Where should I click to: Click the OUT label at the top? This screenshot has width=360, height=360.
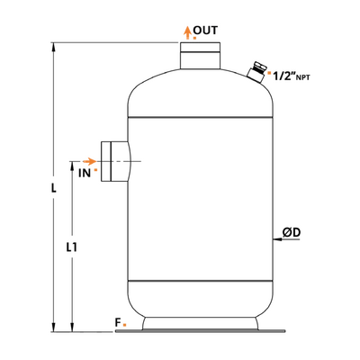point(205,31)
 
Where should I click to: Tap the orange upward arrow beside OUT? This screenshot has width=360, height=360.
point(188,32)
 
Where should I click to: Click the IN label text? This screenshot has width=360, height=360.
point(85,173)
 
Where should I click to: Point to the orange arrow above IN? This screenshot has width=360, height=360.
point(89,161)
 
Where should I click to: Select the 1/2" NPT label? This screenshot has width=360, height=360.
point(292,76)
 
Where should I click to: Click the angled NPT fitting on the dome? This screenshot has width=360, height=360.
point(256,72)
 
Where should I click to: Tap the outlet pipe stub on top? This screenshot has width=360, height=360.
point(200,56)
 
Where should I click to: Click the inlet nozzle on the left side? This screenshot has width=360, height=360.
point(115,161)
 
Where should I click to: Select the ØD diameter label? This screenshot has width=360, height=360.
point(292,232)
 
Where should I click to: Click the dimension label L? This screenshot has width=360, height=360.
point(53,188)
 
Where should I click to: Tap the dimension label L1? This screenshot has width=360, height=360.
point(72,247)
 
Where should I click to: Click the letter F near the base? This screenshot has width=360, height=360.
point(118,322)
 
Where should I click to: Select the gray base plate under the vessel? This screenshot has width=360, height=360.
point(200,331)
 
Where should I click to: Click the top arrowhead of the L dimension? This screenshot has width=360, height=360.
point(54,47)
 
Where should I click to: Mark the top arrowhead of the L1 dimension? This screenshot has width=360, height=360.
point(72,166)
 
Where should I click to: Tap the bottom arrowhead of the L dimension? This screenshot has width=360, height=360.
point(54,328)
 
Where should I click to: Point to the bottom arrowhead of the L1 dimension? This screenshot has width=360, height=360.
point(72,328)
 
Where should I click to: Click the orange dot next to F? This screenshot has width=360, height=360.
point(125,325)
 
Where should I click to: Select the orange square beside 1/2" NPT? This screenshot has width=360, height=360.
point(269,73)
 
